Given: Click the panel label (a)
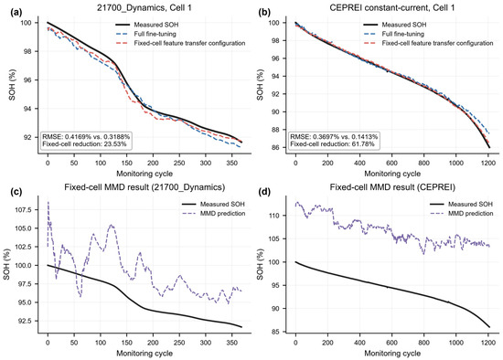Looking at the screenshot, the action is pos(16,13).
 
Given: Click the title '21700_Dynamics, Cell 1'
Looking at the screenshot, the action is pos(144,8).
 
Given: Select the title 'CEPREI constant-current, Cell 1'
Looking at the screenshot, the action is pos(392,8).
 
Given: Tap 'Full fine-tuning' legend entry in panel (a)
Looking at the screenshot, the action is pos(146,34).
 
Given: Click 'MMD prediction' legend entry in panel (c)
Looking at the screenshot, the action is pos(213,214).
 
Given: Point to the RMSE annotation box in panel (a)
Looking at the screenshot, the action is pos(86,141).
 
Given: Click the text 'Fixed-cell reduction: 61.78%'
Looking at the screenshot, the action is pos(332,144).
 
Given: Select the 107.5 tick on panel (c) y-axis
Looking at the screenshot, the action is pos(31,210).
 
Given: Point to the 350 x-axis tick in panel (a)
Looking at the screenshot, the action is pos(232,163).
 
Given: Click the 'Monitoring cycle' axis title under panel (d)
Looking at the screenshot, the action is pos(392,354).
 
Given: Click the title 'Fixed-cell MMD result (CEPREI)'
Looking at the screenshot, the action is pos(392,187).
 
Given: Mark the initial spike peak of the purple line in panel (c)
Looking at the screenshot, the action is pos(48,202).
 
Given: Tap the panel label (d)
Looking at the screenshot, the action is pos(264,192).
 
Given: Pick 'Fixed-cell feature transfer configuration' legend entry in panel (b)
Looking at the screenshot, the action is pos(428,43).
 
